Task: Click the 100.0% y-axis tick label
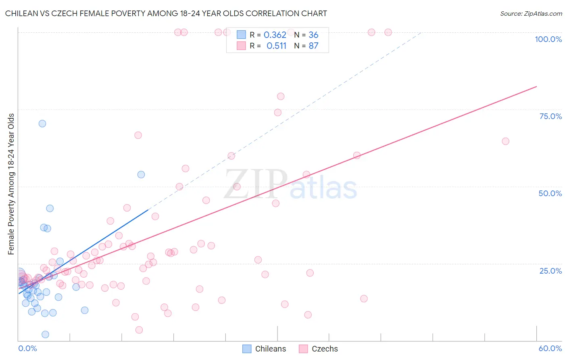coord(548,39)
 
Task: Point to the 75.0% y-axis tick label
coord(550,116)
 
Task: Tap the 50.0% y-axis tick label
coord(550,193)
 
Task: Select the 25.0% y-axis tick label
coord(550,271)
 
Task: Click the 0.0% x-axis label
coord(27,348)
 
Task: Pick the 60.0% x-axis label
coord(550,348)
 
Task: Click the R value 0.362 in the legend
coord(275,35)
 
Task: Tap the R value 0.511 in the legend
coord(277,46)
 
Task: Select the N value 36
coord(313,35)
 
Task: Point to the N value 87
coord(313,46)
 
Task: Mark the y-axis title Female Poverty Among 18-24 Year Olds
coord(11,184)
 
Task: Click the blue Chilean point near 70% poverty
coord(42,123)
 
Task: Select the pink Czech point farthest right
coord(505,141)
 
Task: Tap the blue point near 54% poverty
coord(141,174)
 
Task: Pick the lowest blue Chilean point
coord(46,335)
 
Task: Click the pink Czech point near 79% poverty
coord(281,96)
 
